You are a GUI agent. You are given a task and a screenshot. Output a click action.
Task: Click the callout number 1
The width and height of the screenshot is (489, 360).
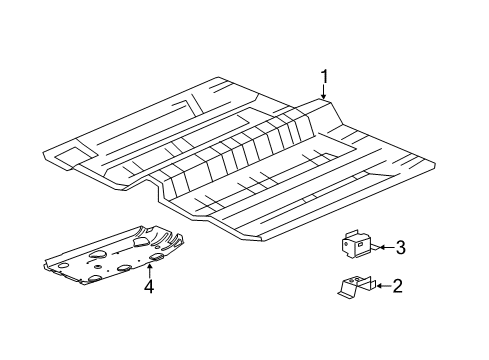(x=324, y=77)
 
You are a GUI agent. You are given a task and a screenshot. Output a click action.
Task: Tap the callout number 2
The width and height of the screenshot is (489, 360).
(x=397, y=286)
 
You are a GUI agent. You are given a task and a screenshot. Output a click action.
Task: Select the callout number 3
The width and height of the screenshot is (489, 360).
(x=400, y=247)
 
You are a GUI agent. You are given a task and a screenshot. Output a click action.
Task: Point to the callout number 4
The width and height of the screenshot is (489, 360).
(x=149, y=286)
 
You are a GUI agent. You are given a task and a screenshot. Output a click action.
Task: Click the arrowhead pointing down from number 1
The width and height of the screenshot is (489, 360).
(x=323, y=96)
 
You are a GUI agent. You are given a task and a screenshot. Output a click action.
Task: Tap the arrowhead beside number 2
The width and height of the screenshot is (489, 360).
(x=379, y=286)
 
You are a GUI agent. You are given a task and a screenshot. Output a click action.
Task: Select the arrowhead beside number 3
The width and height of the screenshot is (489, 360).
(x=382, y=247)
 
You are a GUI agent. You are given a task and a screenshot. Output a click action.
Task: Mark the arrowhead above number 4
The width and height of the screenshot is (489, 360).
(x=150, y=266)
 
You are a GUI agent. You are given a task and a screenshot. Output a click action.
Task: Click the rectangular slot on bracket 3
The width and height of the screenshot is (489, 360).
(x=360, y=245)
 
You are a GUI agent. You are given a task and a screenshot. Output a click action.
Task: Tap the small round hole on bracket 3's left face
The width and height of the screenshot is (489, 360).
(x=346, y=244)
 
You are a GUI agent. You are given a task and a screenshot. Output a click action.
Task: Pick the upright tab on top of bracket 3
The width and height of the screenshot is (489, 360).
(x=351, y=233)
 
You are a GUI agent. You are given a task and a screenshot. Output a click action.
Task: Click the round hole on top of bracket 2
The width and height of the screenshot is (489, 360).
(x=358, y=278)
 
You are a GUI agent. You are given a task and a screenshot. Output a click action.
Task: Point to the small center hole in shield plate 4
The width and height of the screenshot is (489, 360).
(x=98, y=267)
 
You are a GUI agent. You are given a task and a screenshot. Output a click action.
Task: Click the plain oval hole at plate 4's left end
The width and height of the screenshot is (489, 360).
(x=62, y=266)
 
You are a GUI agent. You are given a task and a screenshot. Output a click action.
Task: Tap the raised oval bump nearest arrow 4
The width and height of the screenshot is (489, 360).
(x=156, y=257)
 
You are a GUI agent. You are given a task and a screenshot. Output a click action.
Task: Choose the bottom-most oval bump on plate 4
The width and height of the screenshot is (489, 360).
(x=95, y=279)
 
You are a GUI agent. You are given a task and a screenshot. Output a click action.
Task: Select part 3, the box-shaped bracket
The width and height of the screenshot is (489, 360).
(x=356, y=244)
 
